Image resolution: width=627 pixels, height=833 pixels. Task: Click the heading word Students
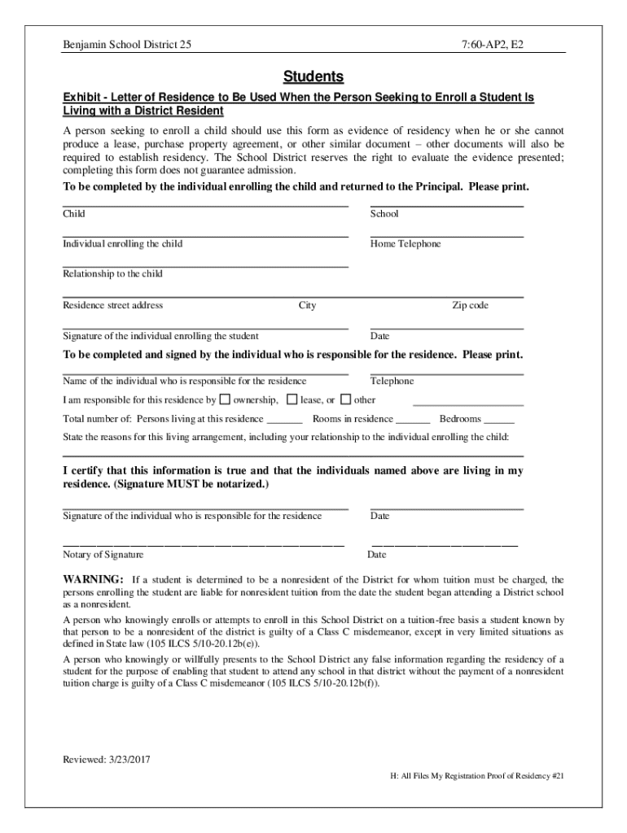[x=313, y=77]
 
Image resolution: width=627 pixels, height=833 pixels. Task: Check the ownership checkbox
[x=226, y=399]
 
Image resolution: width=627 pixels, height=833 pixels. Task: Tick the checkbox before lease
[x=292, y=399]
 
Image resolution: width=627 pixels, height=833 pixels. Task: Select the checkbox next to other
[x=345, y=399]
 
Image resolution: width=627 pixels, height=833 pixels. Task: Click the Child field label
[x=74, y=214]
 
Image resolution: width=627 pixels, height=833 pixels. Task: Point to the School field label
[x=384, y=214]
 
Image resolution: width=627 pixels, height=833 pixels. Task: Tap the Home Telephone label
[x=406, y=244]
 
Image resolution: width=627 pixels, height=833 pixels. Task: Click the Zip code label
[x=471, y=306]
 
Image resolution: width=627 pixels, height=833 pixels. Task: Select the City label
[x=307, y=306]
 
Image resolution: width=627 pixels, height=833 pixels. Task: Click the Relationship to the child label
[x=113, y=274]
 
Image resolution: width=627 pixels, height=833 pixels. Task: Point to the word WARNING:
[x=94, y=579]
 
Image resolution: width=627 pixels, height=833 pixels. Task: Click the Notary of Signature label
[x=103, y=555]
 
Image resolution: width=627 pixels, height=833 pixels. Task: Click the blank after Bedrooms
[x=499, y=420]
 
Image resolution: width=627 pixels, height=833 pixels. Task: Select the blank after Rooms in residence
[x=413, y=420]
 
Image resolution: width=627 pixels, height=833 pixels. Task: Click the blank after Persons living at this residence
[x=284, y=420]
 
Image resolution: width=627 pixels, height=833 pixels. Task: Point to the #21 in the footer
[x=558, y=776]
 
